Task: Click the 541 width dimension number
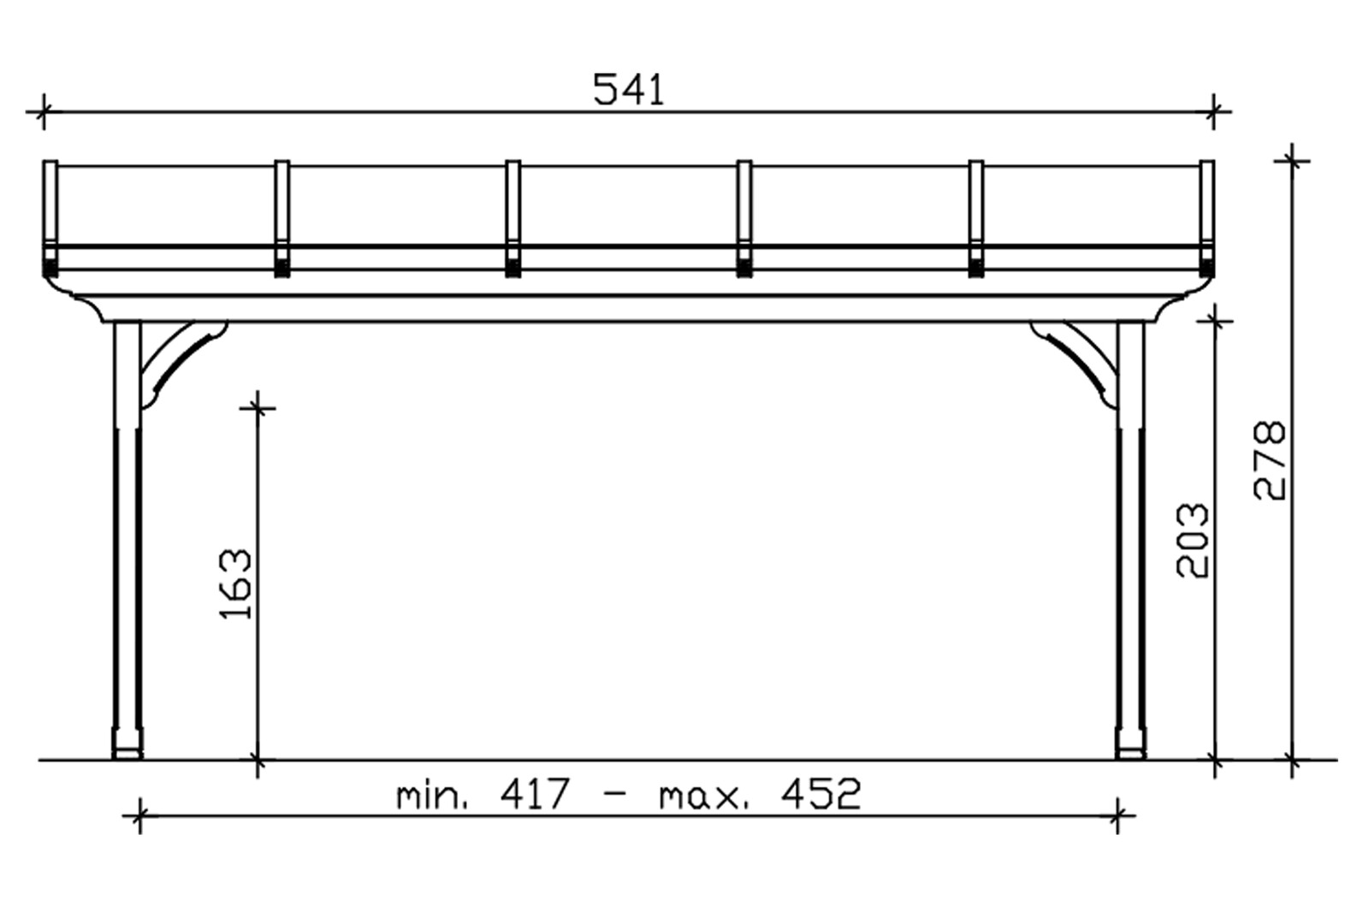(628, 89)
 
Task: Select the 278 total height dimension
(1270, 460)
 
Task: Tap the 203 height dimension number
(1193, 541)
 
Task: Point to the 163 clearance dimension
(235, 584)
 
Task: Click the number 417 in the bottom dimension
(535, 794)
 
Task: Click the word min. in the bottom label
(433, 797)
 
